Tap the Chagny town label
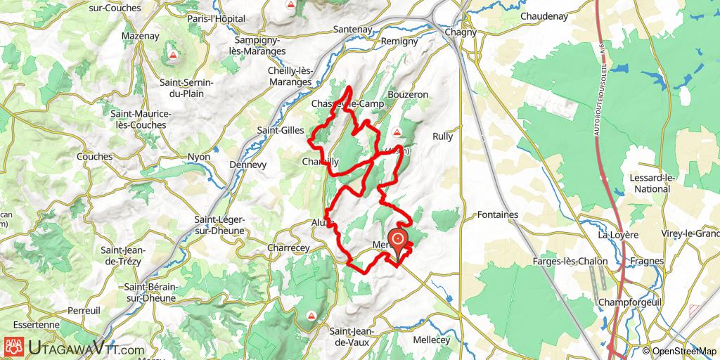461,32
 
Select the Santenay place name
352,30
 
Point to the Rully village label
443,136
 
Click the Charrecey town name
289,247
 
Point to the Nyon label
199,156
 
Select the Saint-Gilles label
280,130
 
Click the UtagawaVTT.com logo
74,347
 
